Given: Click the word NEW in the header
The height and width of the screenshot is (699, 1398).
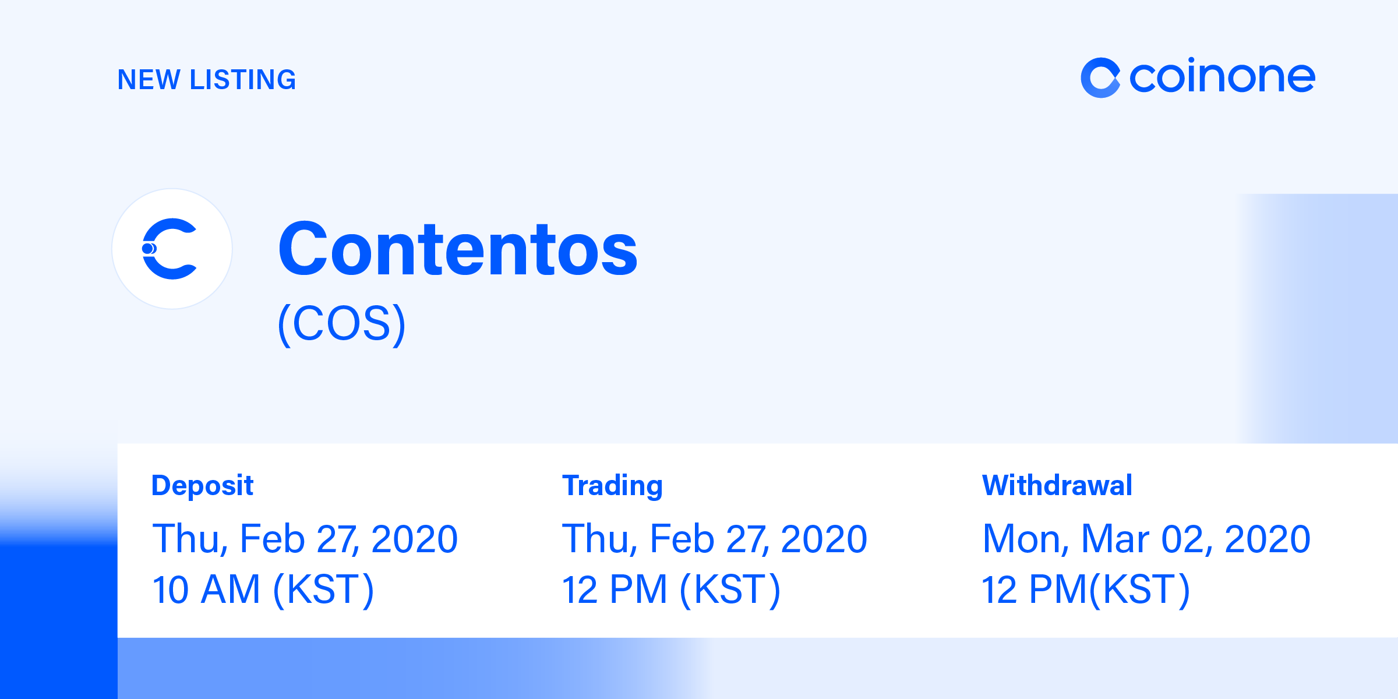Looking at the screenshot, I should pyautogui.click(x=149, y=80).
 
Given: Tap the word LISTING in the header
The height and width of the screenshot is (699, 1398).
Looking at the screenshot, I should pyautogui.click(x=243, y=80).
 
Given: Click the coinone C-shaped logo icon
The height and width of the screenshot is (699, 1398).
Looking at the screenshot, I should pyautogui.click(x=1100, y=77).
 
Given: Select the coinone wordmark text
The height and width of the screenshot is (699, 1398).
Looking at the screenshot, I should pyautogui.click(x=1222, y=77).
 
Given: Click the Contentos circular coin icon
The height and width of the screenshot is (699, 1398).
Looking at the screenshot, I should pyautogui.click(x=172, y=249).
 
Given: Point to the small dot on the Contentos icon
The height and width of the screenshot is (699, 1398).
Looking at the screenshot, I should pyautogui.click(x=148, y=249).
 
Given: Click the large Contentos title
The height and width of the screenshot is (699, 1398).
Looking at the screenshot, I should pyautogui.click(x=458, y=249).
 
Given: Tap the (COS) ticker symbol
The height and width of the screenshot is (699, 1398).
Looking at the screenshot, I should pyautogui.click(x=341, y=324).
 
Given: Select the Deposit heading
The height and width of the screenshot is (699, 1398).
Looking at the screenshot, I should pyautogui.click(x=202, y=485).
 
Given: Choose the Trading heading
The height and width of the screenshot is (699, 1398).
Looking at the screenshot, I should pyautogui.click(x=612, y=485).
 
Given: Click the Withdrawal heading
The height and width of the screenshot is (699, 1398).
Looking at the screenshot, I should pyautogui.click(x=1057, y=485).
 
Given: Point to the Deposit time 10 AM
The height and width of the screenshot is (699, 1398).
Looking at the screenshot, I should pyautogui.click(x=205, y=589).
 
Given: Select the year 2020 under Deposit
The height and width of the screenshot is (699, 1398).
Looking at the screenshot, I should pyautogui.click(x=414, y=539).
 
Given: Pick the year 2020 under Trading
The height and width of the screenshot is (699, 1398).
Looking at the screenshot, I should pyautogui.click(x=824, y=539).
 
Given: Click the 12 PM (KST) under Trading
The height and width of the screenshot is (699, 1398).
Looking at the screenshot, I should pyautogui.click(x=670, y=589).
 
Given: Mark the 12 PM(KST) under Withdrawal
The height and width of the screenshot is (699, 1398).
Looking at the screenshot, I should pyautogui.click(x=1085, y=589).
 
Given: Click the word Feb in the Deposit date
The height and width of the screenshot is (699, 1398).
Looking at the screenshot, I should pyautogui.click(x=272, y=539).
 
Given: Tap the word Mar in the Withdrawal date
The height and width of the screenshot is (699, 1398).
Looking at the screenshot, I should pyautogui.click(x=1115, y=539).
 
